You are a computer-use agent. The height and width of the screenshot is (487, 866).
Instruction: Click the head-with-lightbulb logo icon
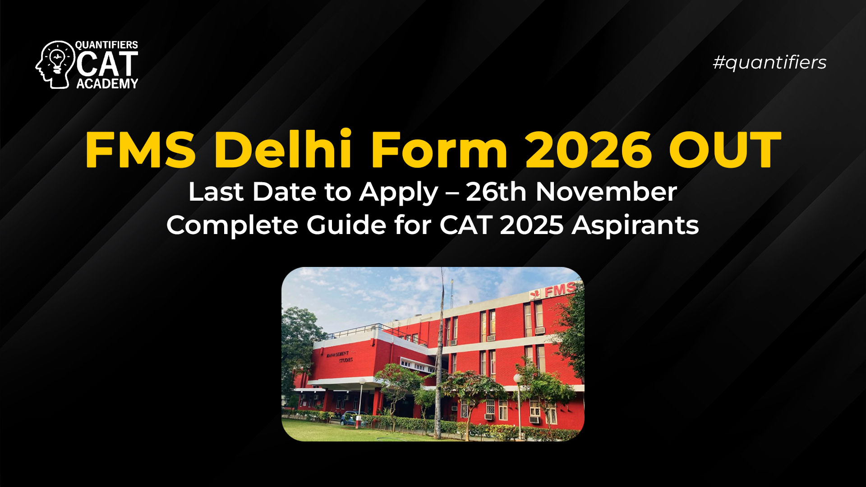click(x=55, y=64)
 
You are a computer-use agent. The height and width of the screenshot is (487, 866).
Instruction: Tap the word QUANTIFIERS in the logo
click(x=106, y=45)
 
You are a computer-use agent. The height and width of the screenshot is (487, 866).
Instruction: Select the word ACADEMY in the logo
click(x=107, y=83)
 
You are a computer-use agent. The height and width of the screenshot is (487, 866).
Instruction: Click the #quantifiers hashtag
click(x=769, y=62)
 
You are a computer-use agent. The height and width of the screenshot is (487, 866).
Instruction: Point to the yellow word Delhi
click(x=283, y=149)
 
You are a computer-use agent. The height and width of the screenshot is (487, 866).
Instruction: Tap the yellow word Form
click(x=439, y=149)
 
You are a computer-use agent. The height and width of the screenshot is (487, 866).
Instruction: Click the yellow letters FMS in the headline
click(x=140, y=149)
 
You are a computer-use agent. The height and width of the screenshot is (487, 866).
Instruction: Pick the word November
click(x=606, y=192)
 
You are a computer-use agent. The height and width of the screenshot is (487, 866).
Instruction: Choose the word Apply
click(x=399, y=193)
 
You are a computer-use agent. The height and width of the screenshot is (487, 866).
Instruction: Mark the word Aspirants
click(x=635, y=225)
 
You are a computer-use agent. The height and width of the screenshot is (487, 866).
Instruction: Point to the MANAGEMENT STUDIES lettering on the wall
click(x=339, y=357)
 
